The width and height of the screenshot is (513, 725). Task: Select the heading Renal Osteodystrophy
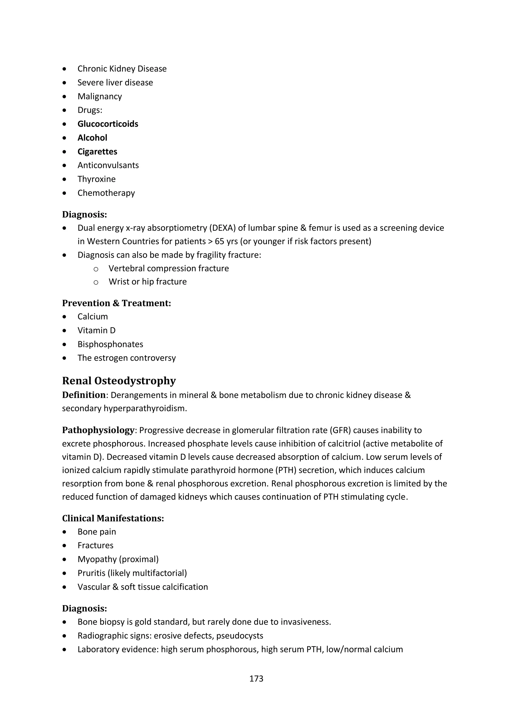pyautogui.click(x=119, y=381)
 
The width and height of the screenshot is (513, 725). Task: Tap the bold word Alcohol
pyautogui.click(x=92, y=138)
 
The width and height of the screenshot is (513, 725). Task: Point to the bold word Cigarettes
pyautogui.click(x=97, y=151)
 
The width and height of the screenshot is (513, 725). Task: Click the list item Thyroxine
pyautogui.click(x=96, y=179)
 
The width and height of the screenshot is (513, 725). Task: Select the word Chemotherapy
pyautogui.click(x=106, y=193)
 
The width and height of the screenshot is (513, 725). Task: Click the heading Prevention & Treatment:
pyautogui.click(x=116, y=303)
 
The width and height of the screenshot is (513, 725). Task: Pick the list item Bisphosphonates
pyautogui.click(x=110, y=344)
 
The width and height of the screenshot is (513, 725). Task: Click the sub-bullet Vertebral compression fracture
pyautogui.click(x=169, y=268)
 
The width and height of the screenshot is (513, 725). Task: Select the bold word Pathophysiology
pyautogui.click(x=98, y=430)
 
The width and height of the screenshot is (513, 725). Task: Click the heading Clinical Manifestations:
pyautogui.click(x=113, y=518)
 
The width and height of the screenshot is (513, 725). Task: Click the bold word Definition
pyautogui.click(x=84, y=395)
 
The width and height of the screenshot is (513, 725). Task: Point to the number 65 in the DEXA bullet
pyautogui.click(x=219, y=242)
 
